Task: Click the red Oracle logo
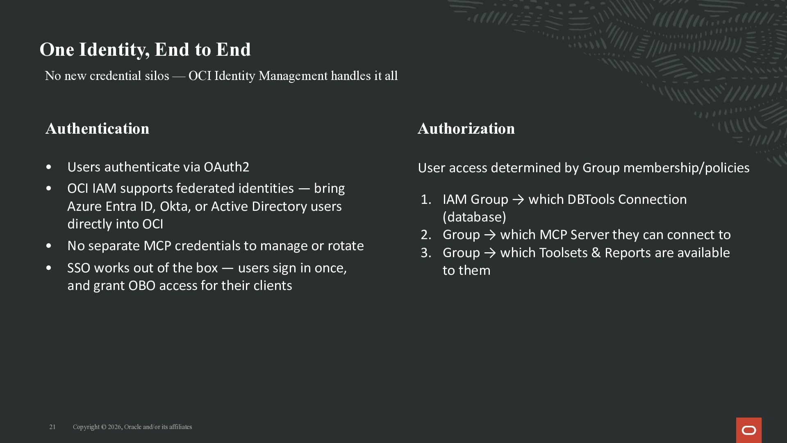point(748,430)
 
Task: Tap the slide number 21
point(52,427)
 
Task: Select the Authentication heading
point(98,128)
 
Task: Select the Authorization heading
point(466,128)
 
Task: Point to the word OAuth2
point(226,167)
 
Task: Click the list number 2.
point(426,235)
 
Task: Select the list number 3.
point(426,253)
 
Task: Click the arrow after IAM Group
point(518,200)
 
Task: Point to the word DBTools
point(591,199)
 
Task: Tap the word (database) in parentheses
point(474,217)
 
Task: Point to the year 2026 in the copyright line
point(114,427)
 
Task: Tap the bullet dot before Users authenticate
point(49,167)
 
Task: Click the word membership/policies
point(686,168)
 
